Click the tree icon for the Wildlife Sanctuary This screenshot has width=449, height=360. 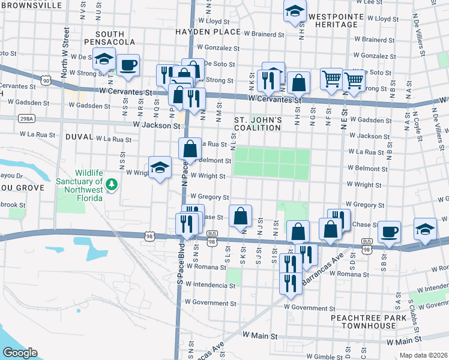click(110, 182)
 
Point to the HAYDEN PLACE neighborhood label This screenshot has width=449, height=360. click(199, 31)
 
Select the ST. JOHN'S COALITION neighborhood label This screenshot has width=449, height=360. click(258, 124)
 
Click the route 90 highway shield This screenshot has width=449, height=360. click(46, 80)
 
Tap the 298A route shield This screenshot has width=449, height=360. click(26, 119)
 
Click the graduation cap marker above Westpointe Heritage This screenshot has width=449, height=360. click(295, 11)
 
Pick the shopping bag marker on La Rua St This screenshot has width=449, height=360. click(190, 148)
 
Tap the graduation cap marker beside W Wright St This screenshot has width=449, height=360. click(160, 168)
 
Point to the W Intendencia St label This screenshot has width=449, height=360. click(210, 284)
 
